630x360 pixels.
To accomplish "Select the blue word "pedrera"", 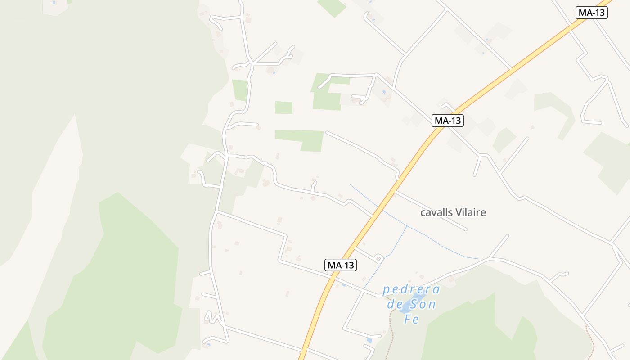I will pos(411,289).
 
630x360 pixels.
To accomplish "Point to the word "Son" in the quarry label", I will pos(423,305).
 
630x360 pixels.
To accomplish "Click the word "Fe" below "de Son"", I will pos(411,319).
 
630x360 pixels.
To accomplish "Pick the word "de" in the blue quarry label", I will pos(395,305).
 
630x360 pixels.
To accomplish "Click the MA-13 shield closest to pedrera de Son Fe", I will pos(341,265).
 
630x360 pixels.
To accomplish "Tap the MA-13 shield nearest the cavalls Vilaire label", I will pos(448,121).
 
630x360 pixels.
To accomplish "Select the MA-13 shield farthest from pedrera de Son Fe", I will pos(592,13).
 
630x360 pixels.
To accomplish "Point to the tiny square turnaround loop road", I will pos(379,258).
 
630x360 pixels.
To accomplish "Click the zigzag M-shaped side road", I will pos(212,317).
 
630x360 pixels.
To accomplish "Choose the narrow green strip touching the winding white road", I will pos(240,90).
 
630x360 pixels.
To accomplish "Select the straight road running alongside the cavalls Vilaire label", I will pos(432,211).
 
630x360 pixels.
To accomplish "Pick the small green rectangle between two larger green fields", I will pos(283,108).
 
